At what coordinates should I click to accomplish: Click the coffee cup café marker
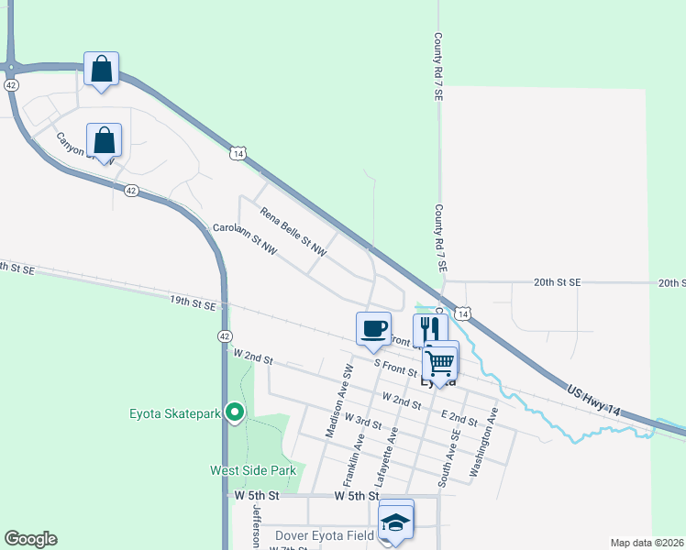pos(373,328)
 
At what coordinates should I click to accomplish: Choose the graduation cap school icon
pos(396,522)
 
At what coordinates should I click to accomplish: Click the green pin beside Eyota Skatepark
pos(235,413)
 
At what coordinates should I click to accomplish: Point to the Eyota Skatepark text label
pos(173,413)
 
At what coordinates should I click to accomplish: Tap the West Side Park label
pos(252,470)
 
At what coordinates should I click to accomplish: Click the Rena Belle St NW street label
pos(293,231)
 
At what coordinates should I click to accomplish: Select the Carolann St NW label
pos(244,238)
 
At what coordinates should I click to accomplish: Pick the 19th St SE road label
pos(193,302)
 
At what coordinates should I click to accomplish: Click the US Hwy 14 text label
pos(597,402)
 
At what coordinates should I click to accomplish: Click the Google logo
pos(30,539)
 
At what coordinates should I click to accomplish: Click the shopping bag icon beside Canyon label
pos(105,141)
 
